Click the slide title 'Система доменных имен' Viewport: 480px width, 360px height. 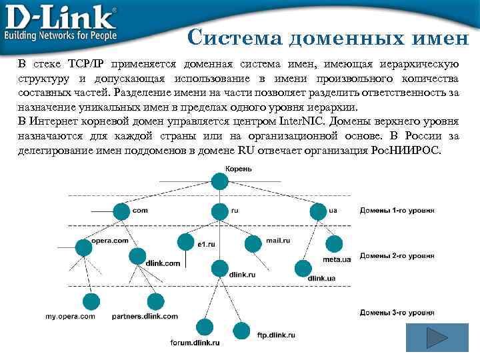coord(328,37)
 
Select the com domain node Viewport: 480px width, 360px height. coord(121,211)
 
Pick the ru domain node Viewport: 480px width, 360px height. coord(219,211)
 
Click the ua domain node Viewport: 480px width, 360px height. coord(318,211)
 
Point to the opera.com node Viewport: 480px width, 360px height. coord(84,247)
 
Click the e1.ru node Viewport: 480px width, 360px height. coord(186,241)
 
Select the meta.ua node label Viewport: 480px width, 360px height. coord(337,259)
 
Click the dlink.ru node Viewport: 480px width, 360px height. coord(219,268)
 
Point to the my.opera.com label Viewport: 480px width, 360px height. coord(70,316)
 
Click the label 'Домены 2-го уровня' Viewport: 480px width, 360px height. coord(397,255)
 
